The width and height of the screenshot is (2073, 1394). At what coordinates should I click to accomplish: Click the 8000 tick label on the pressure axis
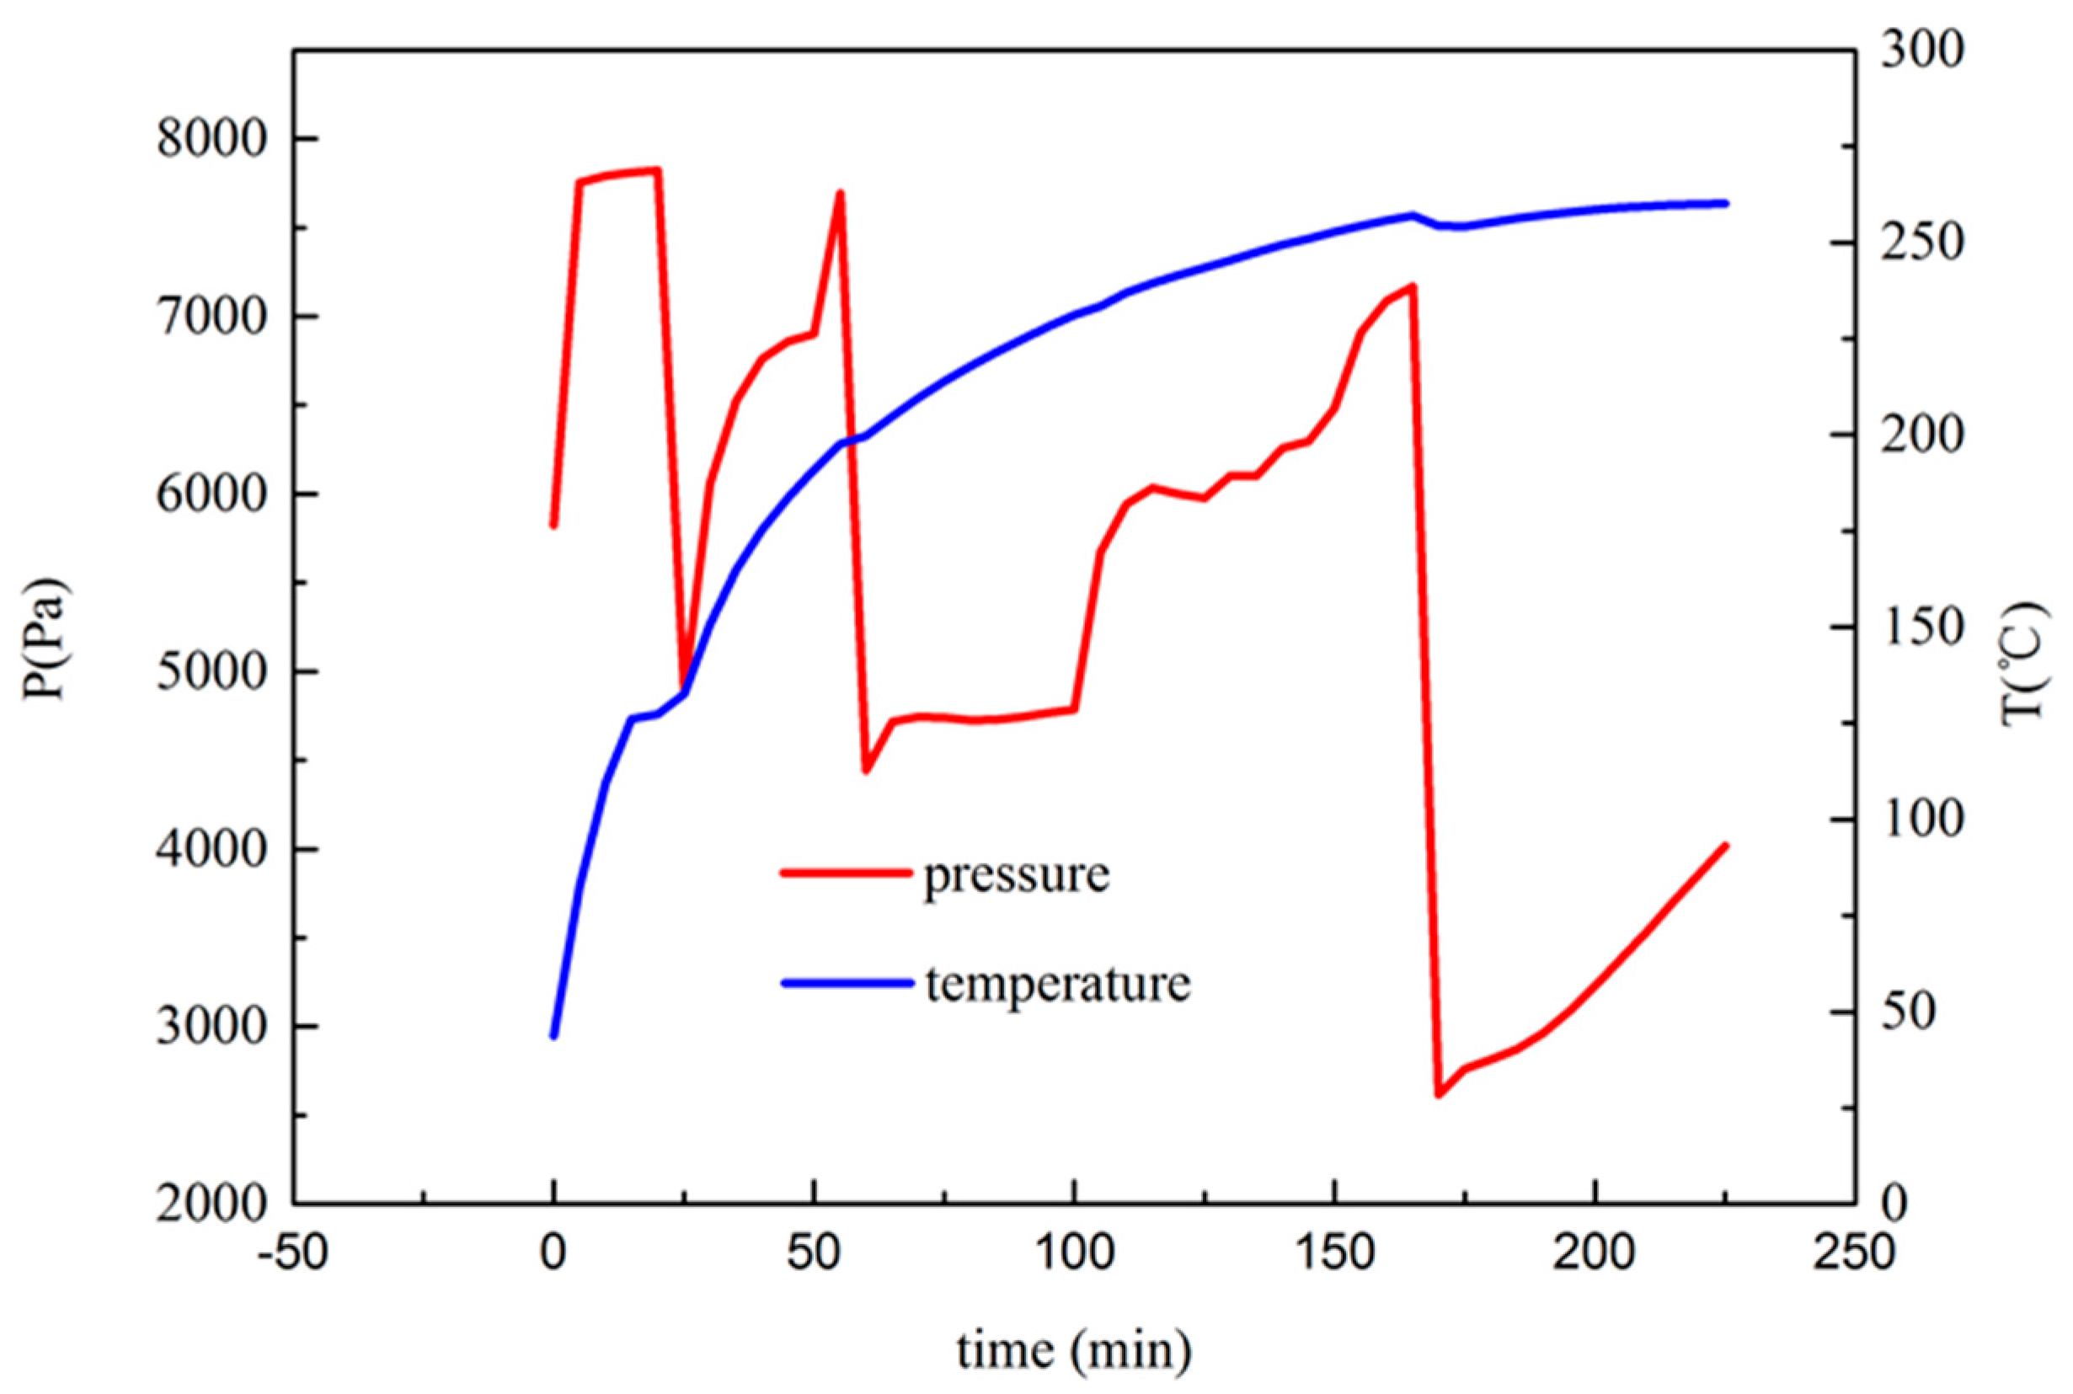pyautogui.click(x=211, y=141)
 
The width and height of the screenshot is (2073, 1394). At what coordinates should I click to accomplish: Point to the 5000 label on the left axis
pyautogui.click(x=211, y=673)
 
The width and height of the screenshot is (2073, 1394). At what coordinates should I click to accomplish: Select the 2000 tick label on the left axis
pyautogui.click(x=211, y=1204)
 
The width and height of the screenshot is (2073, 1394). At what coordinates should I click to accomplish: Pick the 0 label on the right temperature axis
pyautogui.click(x=1894, y=1203)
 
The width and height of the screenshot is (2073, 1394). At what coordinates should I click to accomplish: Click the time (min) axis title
pyautogui.click(x=1074, y=1351)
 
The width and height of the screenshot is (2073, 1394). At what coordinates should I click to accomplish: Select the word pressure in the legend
pyautogui.click(x=1017, y=876)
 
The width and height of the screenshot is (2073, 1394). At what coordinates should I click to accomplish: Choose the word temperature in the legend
pyautogui.click(x=1058, y=984)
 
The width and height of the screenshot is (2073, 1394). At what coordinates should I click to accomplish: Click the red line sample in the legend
pyautogui.click(x=847, y=873)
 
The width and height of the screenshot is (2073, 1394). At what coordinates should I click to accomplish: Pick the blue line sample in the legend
pyautogui.click(x=847, y=982)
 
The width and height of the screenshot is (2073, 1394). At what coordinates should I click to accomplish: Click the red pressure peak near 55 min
pyautogui.click(x=839, y=192)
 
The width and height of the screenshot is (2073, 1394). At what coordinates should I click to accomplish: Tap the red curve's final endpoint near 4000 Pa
pyautogui.click(x=1725, y=846)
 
